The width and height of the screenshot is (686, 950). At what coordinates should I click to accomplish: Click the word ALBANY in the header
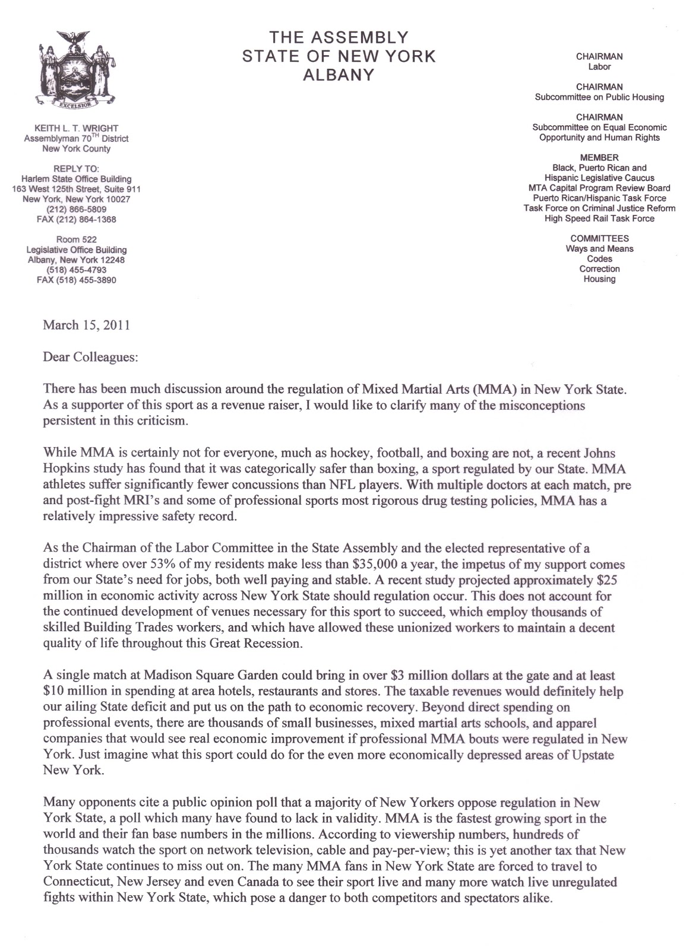[x=339, y=75]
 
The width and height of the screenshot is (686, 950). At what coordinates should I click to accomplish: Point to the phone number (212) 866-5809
[x=76, y=210]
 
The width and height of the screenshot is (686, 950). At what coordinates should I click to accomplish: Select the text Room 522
[x=76, y=240]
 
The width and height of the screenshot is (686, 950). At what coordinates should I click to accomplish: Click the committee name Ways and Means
[x=599, y=249]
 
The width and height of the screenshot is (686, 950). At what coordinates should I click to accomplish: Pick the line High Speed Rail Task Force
[x=599, y=218]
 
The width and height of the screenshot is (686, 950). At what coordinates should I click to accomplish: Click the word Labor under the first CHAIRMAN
[x=599, y=66]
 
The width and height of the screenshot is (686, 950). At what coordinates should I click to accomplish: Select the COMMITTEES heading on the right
[x=599, y=239]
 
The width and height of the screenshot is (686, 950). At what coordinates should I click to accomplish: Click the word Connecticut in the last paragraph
[x=72, y=882]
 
